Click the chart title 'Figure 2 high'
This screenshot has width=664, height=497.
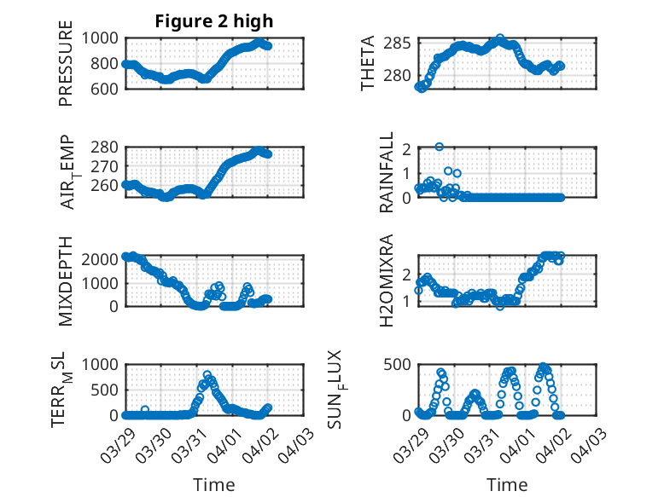(x=214, y=21)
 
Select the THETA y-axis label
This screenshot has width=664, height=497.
(x=368, y=63)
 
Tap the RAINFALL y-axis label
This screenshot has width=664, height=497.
(x=387, y=172)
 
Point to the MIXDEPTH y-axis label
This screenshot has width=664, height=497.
(x=67, y=280)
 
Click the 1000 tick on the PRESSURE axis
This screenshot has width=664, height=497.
(x=105, y=38)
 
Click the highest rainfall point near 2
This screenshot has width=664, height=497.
(x=440, y=147)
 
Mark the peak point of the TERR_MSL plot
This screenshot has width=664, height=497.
(x=207, y=375)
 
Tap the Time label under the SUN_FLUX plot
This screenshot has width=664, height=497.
(x=507, y=484)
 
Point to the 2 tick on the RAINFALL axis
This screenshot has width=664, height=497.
(x=408, y=149)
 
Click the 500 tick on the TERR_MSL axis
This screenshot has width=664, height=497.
(x=109, y=390)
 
